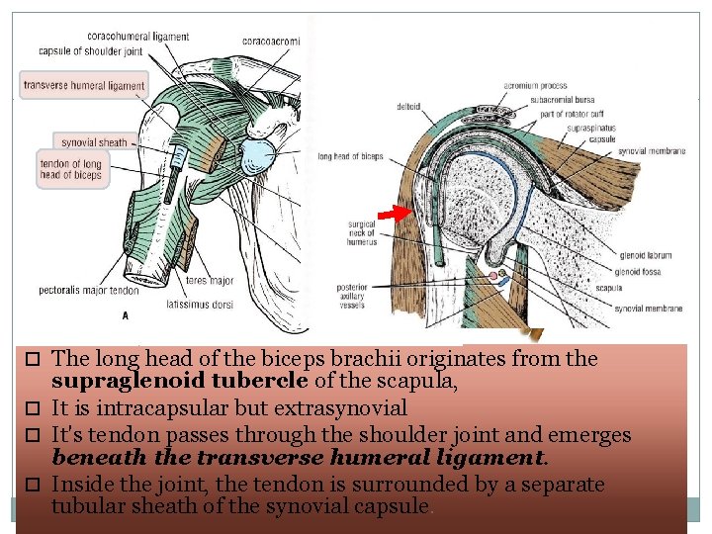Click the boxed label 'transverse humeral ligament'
pos(84,86)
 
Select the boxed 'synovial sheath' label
pos(94,142)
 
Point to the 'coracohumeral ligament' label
pos(141,37)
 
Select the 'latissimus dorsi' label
pos(201,305)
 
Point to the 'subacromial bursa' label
pos(563,99)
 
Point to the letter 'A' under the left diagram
pos(125,316)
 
